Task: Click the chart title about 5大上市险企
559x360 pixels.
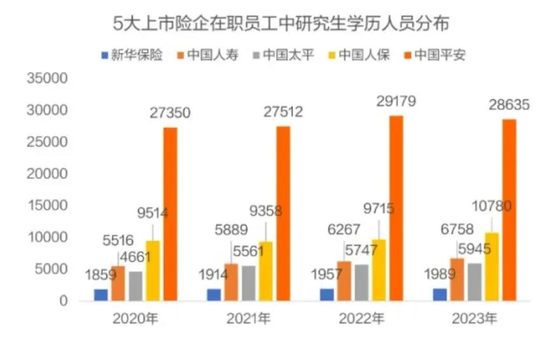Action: (280, 24)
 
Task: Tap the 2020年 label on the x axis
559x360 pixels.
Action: (135, 319)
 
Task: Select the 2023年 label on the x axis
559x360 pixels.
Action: (474, 319)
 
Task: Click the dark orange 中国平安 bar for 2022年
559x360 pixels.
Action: (396, 208)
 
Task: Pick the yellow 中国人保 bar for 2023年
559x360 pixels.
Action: (492, 266)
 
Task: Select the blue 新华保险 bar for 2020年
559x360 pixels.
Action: (101, 294)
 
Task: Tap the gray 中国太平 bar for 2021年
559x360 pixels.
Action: (249, 283)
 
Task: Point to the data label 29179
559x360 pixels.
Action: (396, 101)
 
